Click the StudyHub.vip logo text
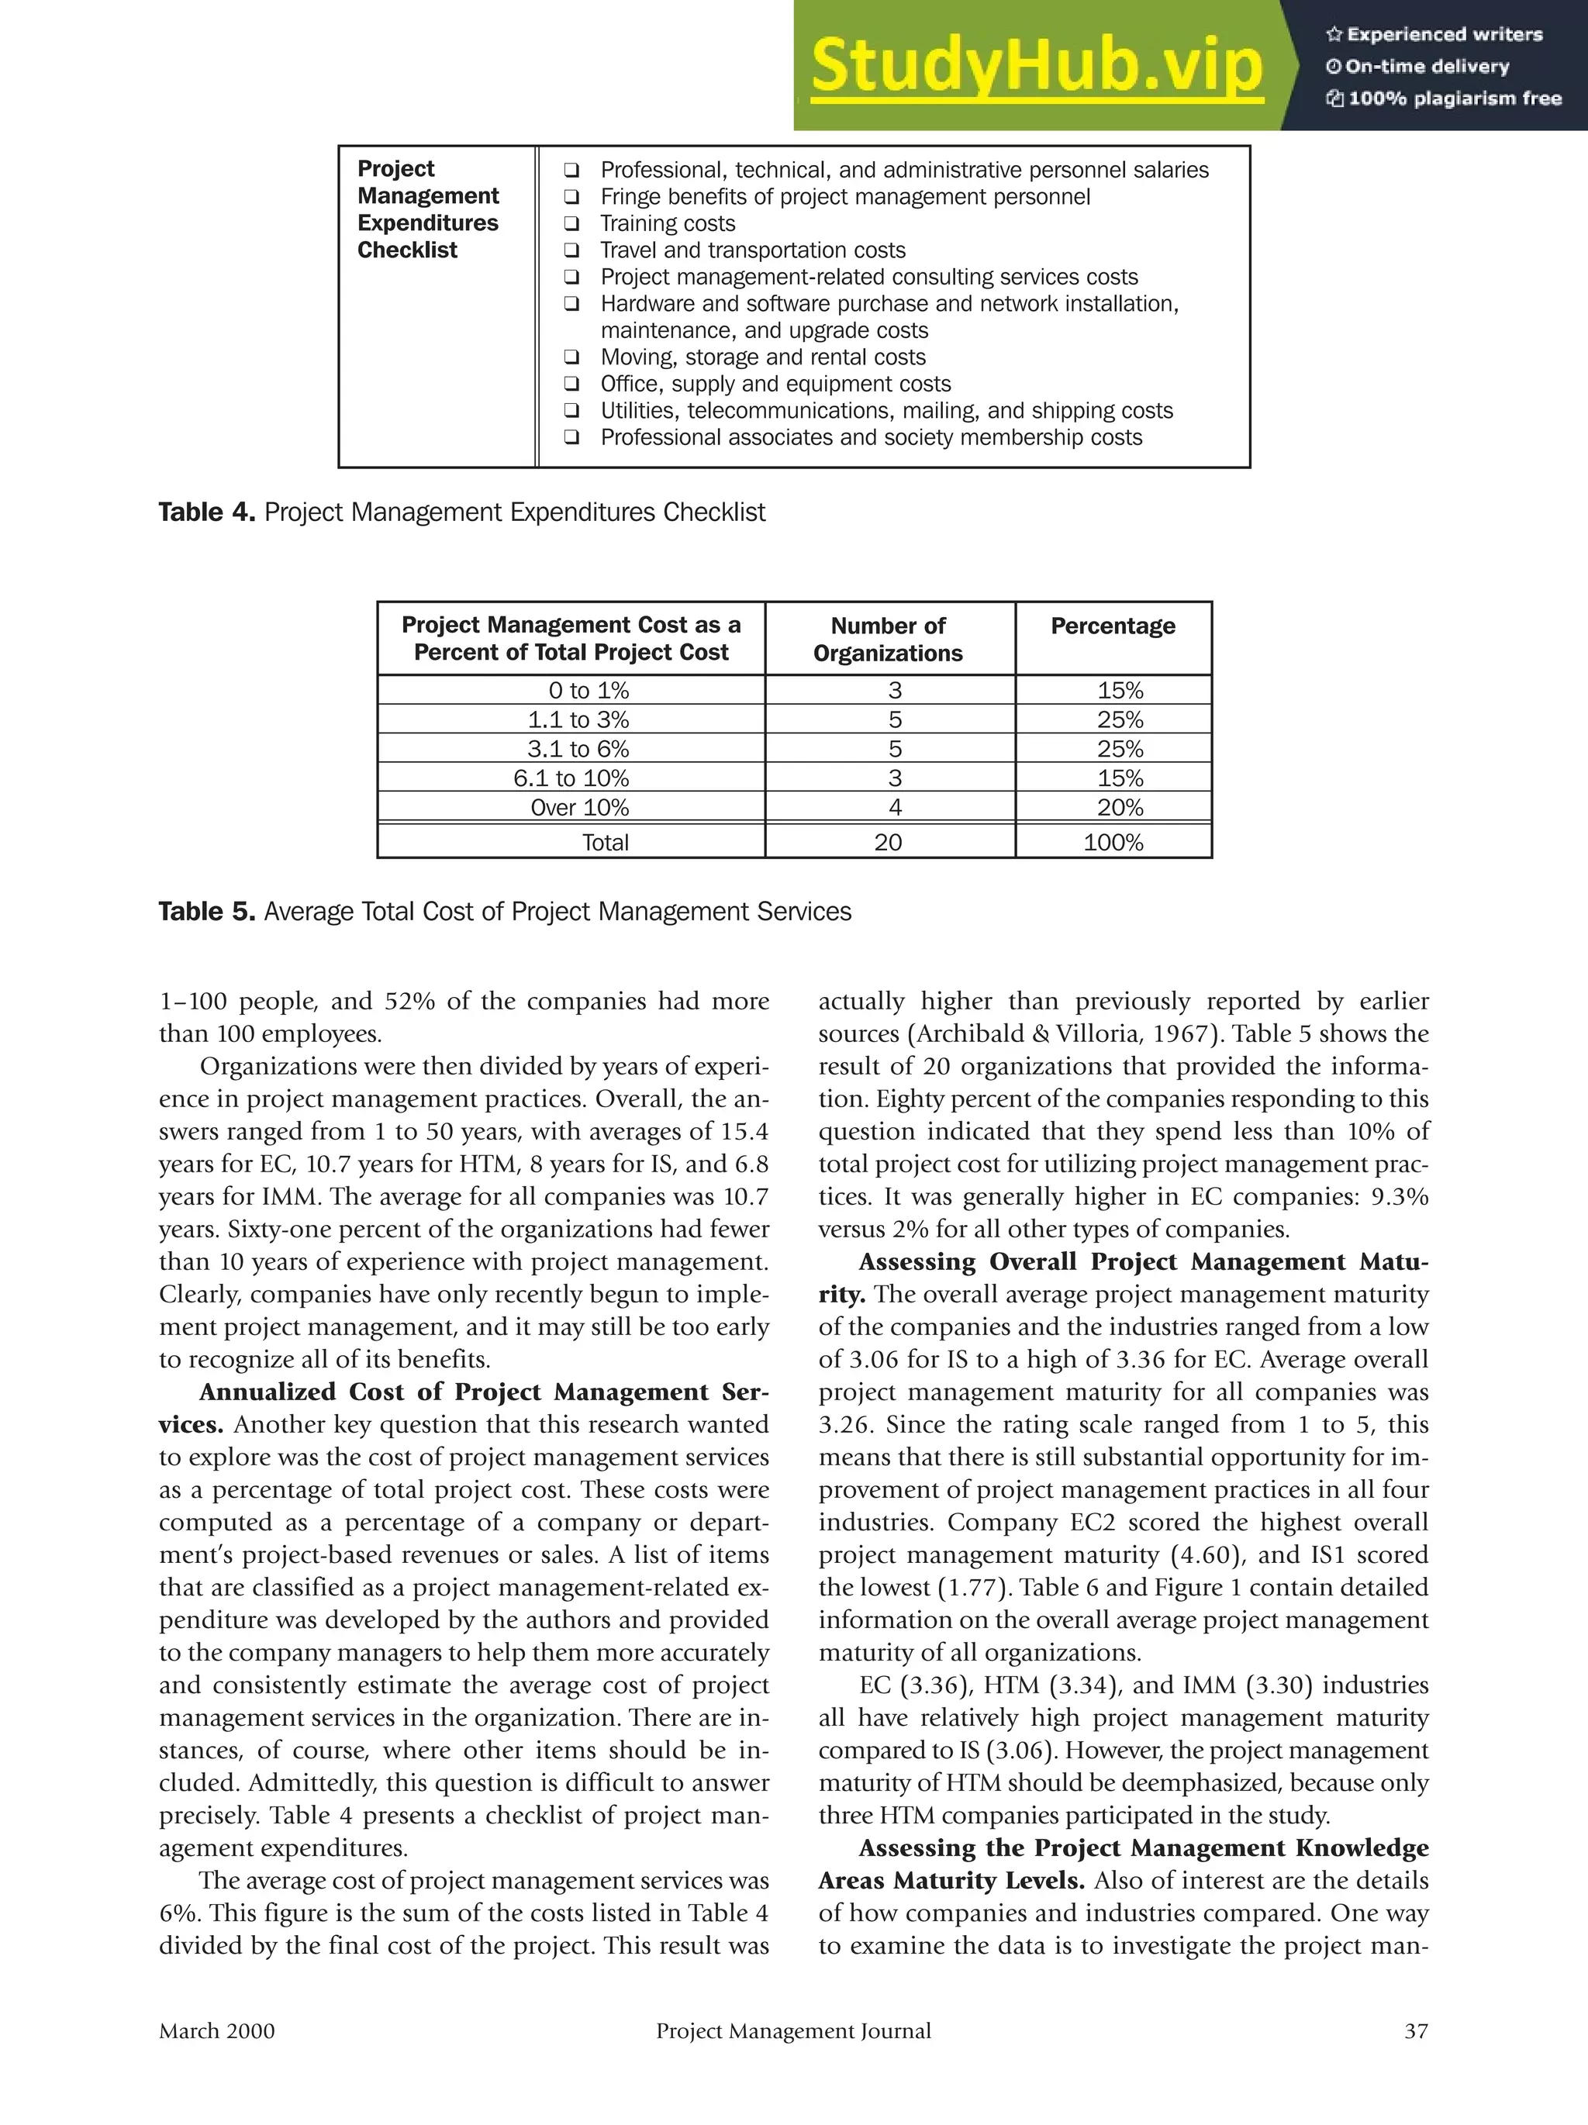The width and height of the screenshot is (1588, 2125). [x=1036, y=67]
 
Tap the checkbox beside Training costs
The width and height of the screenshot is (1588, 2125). [x=571, y=224]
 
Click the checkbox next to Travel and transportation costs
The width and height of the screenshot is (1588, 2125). [x=571, y=250]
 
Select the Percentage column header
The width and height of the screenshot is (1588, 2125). [x=1113, y=626]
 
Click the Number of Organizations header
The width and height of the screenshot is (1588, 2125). [x=888, y=639]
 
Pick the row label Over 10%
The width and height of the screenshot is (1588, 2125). [x=579, y=808]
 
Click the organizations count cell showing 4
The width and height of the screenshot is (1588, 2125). [x=888, y=808]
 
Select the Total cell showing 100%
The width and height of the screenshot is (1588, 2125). [x=1113, y=843]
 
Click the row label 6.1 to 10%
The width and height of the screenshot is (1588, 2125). [x=571, y=778]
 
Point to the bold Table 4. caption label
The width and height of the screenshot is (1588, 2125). [x=206, y=512]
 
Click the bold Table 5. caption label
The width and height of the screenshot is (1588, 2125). [x=206, y=911]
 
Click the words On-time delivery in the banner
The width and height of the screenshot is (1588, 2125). [x=1427, y=67]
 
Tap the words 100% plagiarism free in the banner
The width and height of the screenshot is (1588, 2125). [x=1455, y=98]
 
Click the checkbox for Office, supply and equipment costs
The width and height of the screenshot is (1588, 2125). [x=571, y=385]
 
